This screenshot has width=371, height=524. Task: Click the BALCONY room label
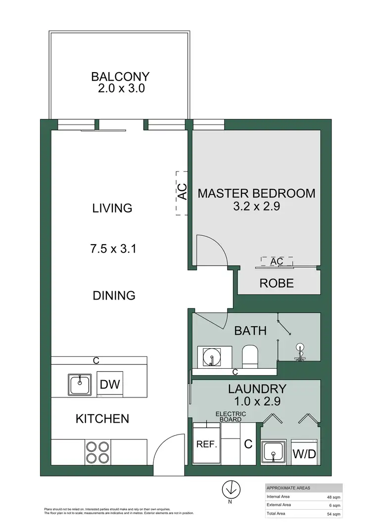pyautogui.click(x=120, y=77)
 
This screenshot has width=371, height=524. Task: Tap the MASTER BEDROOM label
pyautogui.click(x=256, y=193)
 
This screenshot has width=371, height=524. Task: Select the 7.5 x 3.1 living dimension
pyautogui.click(x=114, y=248)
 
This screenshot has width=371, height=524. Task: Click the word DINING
pyautogui.click(x=114, y=296)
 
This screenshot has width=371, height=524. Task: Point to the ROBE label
pyautogui.click(x=277, y=283)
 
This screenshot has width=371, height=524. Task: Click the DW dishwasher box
pyautogui.click(x=110, y=384)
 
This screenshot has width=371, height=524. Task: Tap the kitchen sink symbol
pyautogui.click(x=79, y=385)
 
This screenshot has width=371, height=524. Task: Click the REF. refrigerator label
pyautogui.click(x=207, y=444)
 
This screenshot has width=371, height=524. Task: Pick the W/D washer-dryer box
pyautogui.click(x=304, y=452)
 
